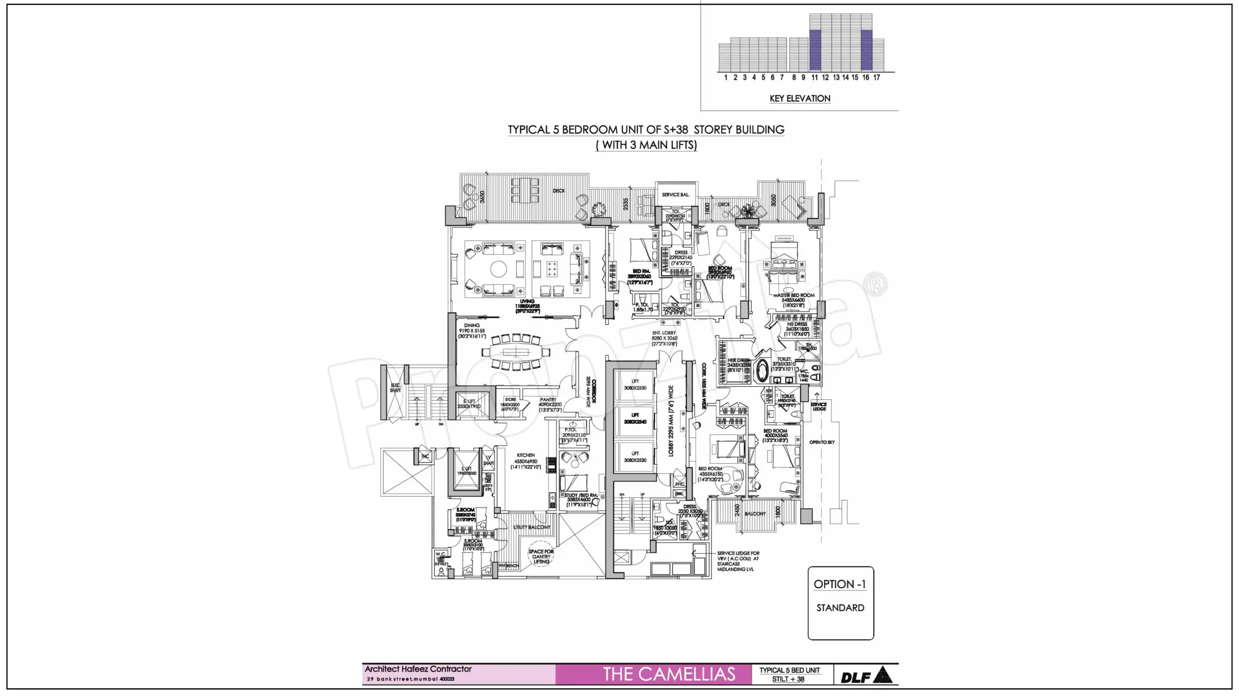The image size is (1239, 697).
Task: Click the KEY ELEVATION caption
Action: point(800,99)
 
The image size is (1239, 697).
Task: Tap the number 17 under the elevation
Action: point(876,77)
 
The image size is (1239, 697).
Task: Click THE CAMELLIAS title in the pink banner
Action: point(669,674)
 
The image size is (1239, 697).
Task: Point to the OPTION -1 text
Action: point(840,584)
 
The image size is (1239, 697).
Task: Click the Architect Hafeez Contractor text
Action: point(418,669)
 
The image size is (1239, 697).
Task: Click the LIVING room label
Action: point(527,302)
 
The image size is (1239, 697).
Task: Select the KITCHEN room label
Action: point(526,455)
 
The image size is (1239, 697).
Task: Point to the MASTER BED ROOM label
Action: point(794,295)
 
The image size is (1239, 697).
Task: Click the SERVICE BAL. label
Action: point(676,195)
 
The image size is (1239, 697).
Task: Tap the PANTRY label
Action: point(548,400)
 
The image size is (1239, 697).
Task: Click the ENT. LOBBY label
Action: point(664,333)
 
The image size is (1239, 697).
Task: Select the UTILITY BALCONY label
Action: point(531,527)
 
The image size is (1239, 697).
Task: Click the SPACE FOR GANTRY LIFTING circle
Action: point(541,557)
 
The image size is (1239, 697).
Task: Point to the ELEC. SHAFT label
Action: point(395,388)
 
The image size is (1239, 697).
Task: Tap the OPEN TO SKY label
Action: point(822,442)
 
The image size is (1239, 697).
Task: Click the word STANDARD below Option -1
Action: point(840,608)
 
